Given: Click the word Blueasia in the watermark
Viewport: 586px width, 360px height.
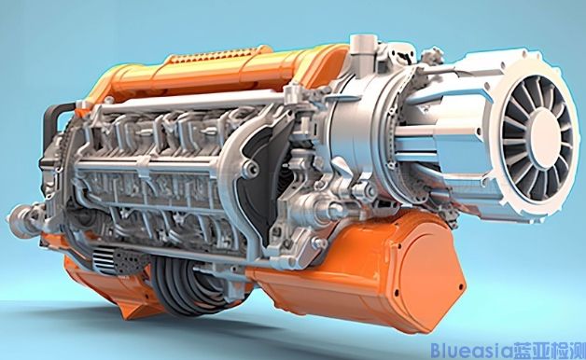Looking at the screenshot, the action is (x=471, y=351).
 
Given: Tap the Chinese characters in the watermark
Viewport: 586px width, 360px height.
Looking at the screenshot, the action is (x=549, y=351).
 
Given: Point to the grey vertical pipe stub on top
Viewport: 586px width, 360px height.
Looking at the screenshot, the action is (x=361, y=52).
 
